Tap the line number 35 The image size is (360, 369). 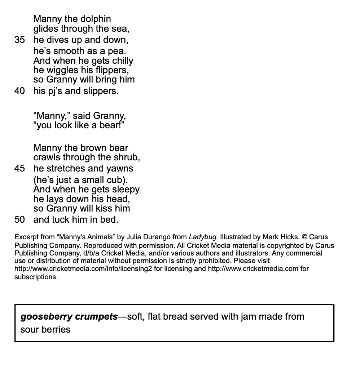(19, 40)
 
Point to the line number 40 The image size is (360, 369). (19, 91)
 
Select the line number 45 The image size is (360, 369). (19, 168)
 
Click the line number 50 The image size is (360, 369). (19, 219)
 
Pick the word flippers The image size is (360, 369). (112, 70)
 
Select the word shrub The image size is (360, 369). (127, 157)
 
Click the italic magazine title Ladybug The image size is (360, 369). (203, 237)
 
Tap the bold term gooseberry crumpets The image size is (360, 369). (69, 316)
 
